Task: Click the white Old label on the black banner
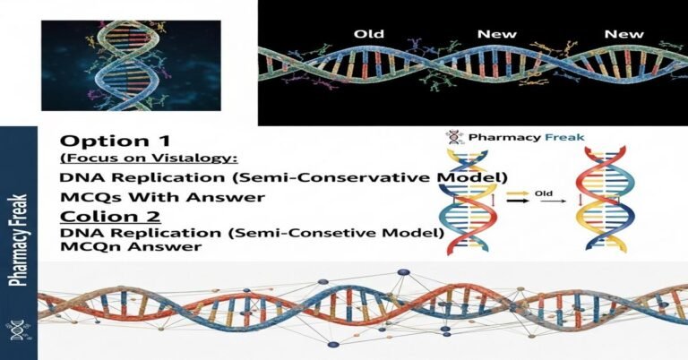click(x=369, y=33)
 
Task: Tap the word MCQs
click(x=84, y=197)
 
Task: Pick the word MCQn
click(x=84, y=249)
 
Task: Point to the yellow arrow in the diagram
click(x=518, y=192)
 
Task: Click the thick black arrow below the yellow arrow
click(x=518, y=202)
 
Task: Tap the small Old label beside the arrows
click(x=541, y=192)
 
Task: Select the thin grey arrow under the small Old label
click(x=541, y=203)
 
